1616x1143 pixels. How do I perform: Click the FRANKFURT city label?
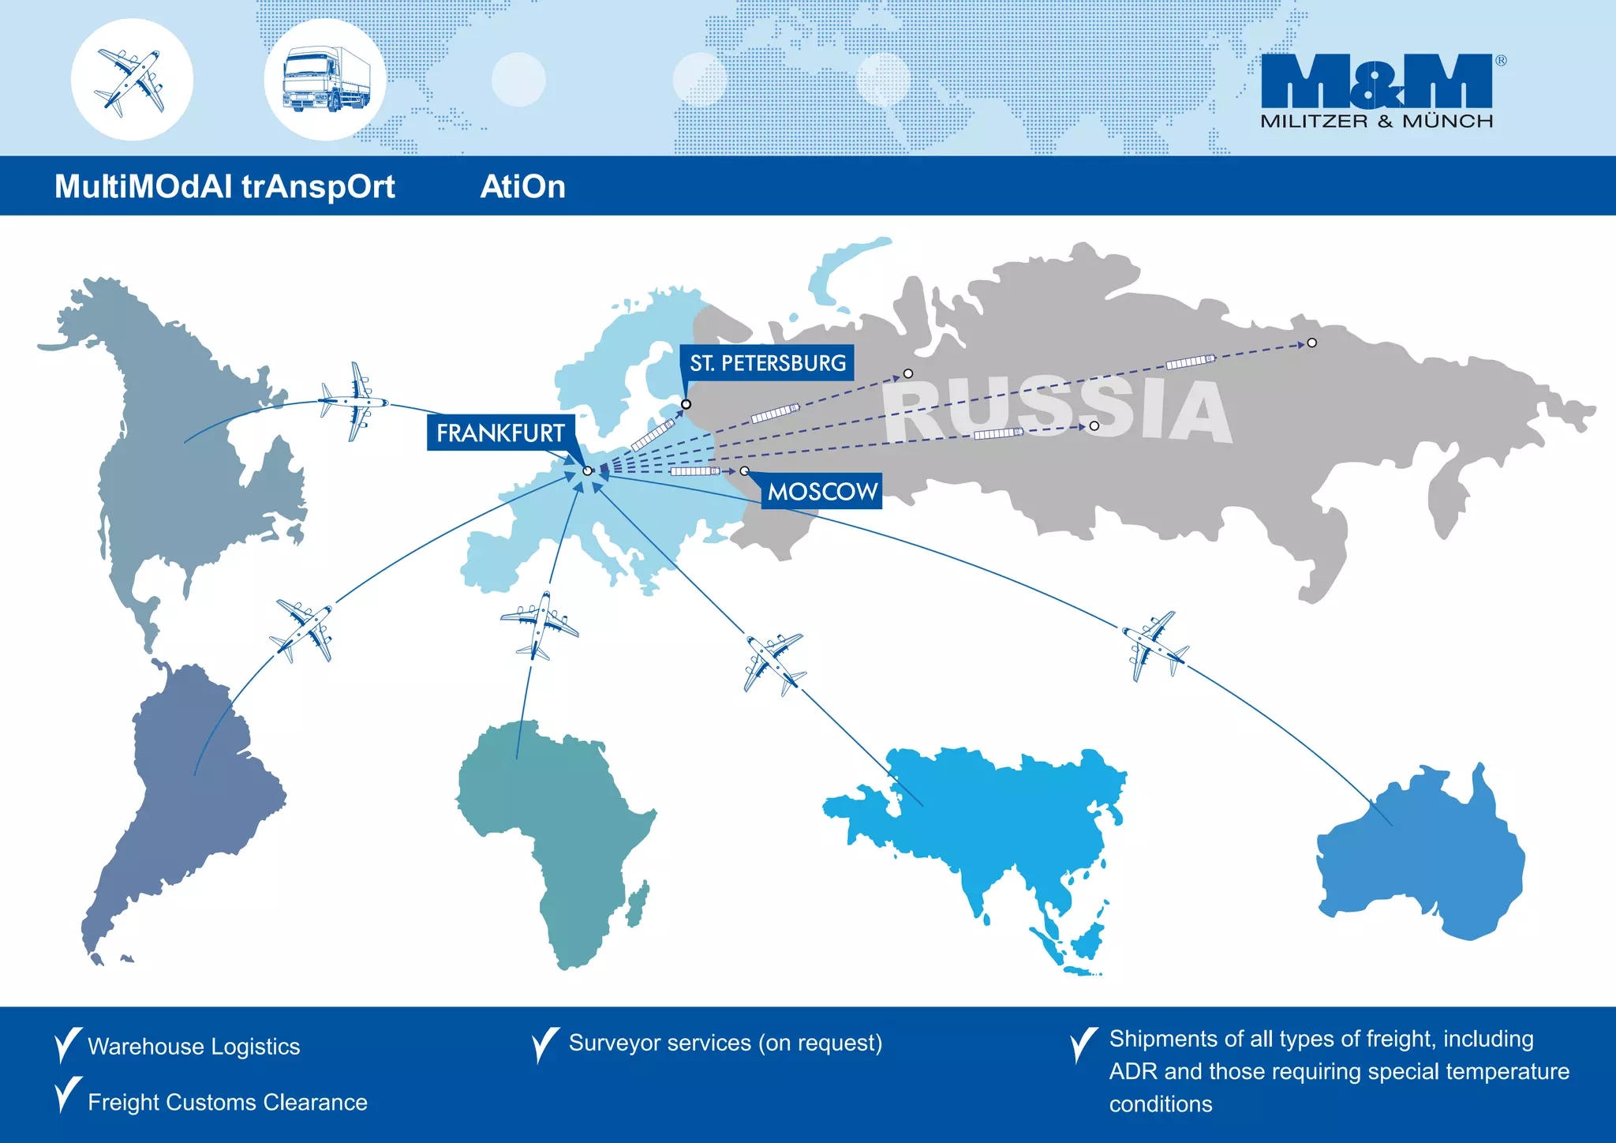500,433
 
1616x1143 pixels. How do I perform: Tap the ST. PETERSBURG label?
767,363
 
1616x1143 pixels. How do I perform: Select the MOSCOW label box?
822,492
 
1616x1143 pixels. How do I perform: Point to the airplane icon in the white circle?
132,80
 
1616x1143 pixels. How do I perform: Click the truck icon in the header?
325,80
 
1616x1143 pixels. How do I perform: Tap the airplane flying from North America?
354,401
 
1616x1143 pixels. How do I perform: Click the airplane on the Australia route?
1154,645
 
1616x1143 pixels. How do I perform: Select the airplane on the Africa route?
539,625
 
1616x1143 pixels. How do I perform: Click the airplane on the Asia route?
772,662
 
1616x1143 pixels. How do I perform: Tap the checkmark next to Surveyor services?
545,1044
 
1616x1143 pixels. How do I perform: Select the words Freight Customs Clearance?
227,1102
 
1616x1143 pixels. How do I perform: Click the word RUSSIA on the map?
1057,409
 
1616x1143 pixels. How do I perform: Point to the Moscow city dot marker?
744,471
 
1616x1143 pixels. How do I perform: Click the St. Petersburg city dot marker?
686,404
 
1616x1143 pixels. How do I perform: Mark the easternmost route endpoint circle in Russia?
1311,343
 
